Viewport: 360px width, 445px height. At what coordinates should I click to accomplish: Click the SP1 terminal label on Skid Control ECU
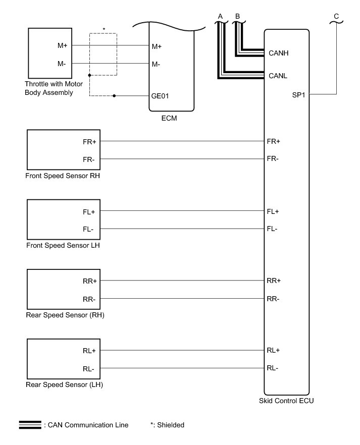298,94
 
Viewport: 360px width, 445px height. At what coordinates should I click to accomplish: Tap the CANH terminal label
279,52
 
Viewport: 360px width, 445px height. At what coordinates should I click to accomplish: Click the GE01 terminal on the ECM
161,95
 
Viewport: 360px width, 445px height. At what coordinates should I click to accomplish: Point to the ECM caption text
171,120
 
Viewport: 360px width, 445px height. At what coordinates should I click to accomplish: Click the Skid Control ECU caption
286,402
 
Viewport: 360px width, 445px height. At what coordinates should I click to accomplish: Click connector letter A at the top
220,16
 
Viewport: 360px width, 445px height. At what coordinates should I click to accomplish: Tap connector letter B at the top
237,16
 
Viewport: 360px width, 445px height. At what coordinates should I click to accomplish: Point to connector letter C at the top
336,16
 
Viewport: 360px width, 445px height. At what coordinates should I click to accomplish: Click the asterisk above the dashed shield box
104,29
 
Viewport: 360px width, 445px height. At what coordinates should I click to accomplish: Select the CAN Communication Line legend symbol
30,425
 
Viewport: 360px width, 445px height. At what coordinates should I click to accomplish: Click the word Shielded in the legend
170,425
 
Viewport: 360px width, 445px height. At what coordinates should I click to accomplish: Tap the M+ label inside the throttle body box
63,46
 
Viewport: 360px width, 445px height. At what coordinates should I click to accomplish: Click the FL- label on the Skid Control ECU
272,229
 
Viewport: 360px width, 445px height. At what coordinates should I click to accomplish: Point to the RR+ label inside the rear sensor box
89,281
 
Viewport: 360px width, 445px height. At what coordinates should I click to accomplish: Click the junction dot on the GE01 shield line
115,95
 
